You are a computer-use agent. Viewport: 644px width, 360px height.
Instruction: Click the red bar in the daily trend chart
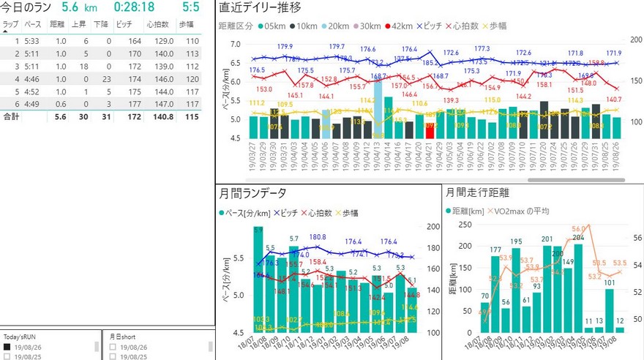point(430,130)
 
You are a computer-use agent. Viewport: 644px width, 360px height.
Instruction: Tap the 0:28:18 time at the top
point(134,7)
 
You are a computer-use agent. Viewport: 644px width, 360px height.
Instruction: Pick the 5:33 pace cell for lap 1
point(32,41)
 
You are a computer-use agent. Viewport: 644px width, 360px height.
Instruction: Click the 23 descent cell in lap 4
point(107,78)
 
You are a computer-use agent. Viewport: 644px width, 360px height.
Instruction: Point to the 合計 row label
point(11,116)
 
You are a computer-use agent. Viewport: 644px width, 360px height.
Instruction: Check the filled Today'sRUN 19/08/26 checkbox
point(7,348)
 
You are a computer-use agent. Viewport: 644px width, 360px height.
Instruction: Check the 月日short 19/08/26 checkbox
point(113,348)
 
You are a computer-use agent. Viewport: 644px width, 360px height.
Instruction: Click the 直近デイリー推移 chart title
point(259,8)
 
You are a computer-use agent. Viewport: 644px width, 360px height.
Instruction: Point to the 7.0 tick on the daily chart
point(234,44)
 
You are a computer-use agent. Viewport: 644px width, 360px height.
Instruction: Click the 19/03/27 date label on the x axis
point(253,153)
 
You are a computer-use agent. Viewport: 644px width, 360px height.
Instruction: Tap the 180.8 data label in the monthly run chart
point(318,237)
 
